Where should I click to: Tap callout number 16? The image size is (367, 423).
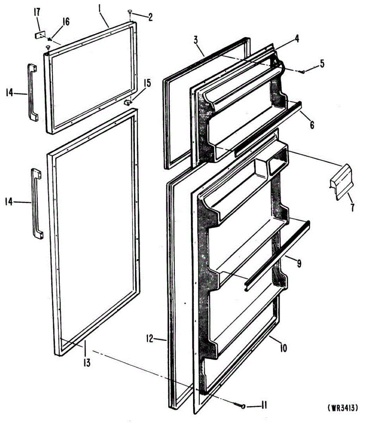tap(66, 22)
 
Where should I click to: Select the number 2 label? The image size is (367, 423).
tap(150, 17)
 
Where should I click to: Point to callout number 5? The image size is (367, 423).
tap(322, 64)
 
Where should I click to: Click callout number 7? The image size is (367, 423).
tap(352, 208)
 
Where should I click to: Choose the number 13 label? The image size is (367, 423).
tap(87, 362)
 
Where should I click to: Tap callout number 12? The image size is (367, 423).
tap(150, 339)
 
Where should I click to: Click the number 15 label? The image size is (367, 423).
tap(147, 84)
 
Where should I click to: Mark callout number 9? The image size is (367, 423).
tap(299, 263)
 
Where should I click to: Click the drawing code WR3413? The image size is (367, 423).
tap(343, 408)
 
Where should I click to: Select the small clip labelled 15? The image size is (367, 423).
tap(128, 102)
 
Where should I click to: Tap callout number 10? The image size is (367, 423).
tap(283, 348)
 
